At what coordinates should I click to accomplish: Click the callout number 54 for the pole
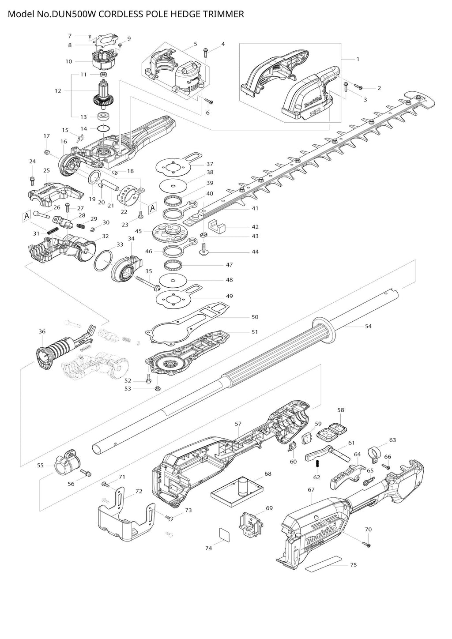click(x=368, y=326)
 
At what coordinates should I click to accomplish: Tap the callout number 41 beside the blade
click(x=255, y=208)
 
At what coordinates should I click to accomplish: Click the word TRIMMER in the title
click(x=223, y=14)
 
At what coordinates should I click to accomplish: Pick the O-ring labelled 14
click(x=103, y=128)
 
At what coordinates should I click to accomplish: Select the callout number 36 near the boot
click(x=42, y=331)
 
